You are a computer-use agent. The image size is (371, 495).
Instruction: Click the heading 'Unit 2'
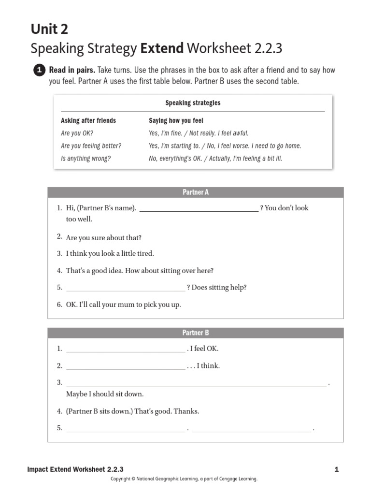click(x=49, y=29)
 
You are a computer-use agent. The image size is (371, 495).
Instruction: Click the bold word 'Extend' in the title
click(x=162, y=48)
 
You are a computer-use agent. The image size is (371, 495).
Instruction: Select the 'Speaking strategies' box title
click(x=193, y=103)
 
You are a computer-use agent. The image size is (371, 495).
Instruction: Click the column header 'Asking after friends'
click(x=88, y=121)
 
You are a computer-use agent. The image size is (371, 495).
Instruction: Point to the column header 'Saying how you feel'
click(x=176, y=121)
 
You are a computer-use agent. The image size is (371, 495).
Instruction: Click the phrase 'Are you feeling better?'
click(x=91, y=146)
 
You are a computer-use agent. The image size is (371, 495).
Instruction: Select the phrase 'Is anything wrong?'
click(x=86, y=159)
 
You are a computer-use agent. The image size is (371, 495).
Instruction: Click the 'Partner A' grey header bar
click(x=196, y=192)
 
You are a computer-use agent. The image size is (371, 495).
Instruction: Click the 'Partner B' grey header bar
click(x=196, y=333)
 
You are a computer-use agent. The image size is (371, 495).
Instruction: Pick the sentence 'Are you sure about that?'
click(x=104, y=238)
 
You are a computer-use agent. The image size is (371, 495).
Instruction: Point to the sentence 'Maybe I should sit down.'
click(x=105, y=394)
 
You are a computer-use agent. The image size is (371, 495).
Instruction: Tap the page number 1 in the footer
click(x=336, y=469)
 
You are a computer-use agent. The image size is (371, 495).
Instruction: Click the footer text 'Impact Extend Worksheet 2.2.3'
click(x=75, y=469)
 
